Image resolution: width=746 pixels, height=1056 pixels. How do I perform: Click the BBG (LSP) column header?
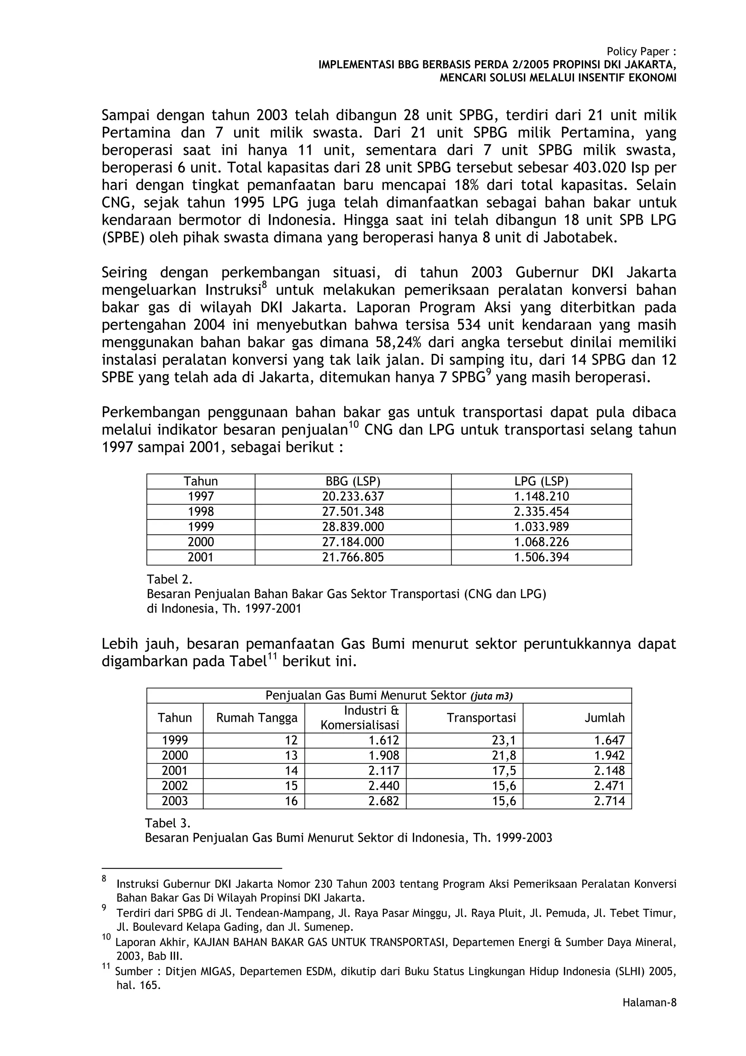pyautogui.click(x=353, y=481)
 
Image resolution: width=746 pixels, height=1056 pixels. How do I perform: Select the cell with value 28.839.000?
pyautogui.click(x=353, y=527)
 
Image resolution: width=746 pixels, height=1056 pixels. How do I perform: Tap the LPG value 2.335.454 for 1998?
pyautogui.click(x=541, y=511)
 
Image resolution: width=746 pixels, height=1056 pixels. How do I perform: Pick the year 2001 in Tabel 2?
pyautogui.click(x=200, y=557)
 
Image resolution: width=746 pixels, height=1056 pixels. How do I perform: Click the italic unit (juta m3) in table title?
pyautogui.click(x=491, y=696)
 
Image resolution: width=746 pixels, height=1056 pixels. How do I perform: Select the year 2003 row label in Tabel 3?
pyautogui.click(x=175, y=801)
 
